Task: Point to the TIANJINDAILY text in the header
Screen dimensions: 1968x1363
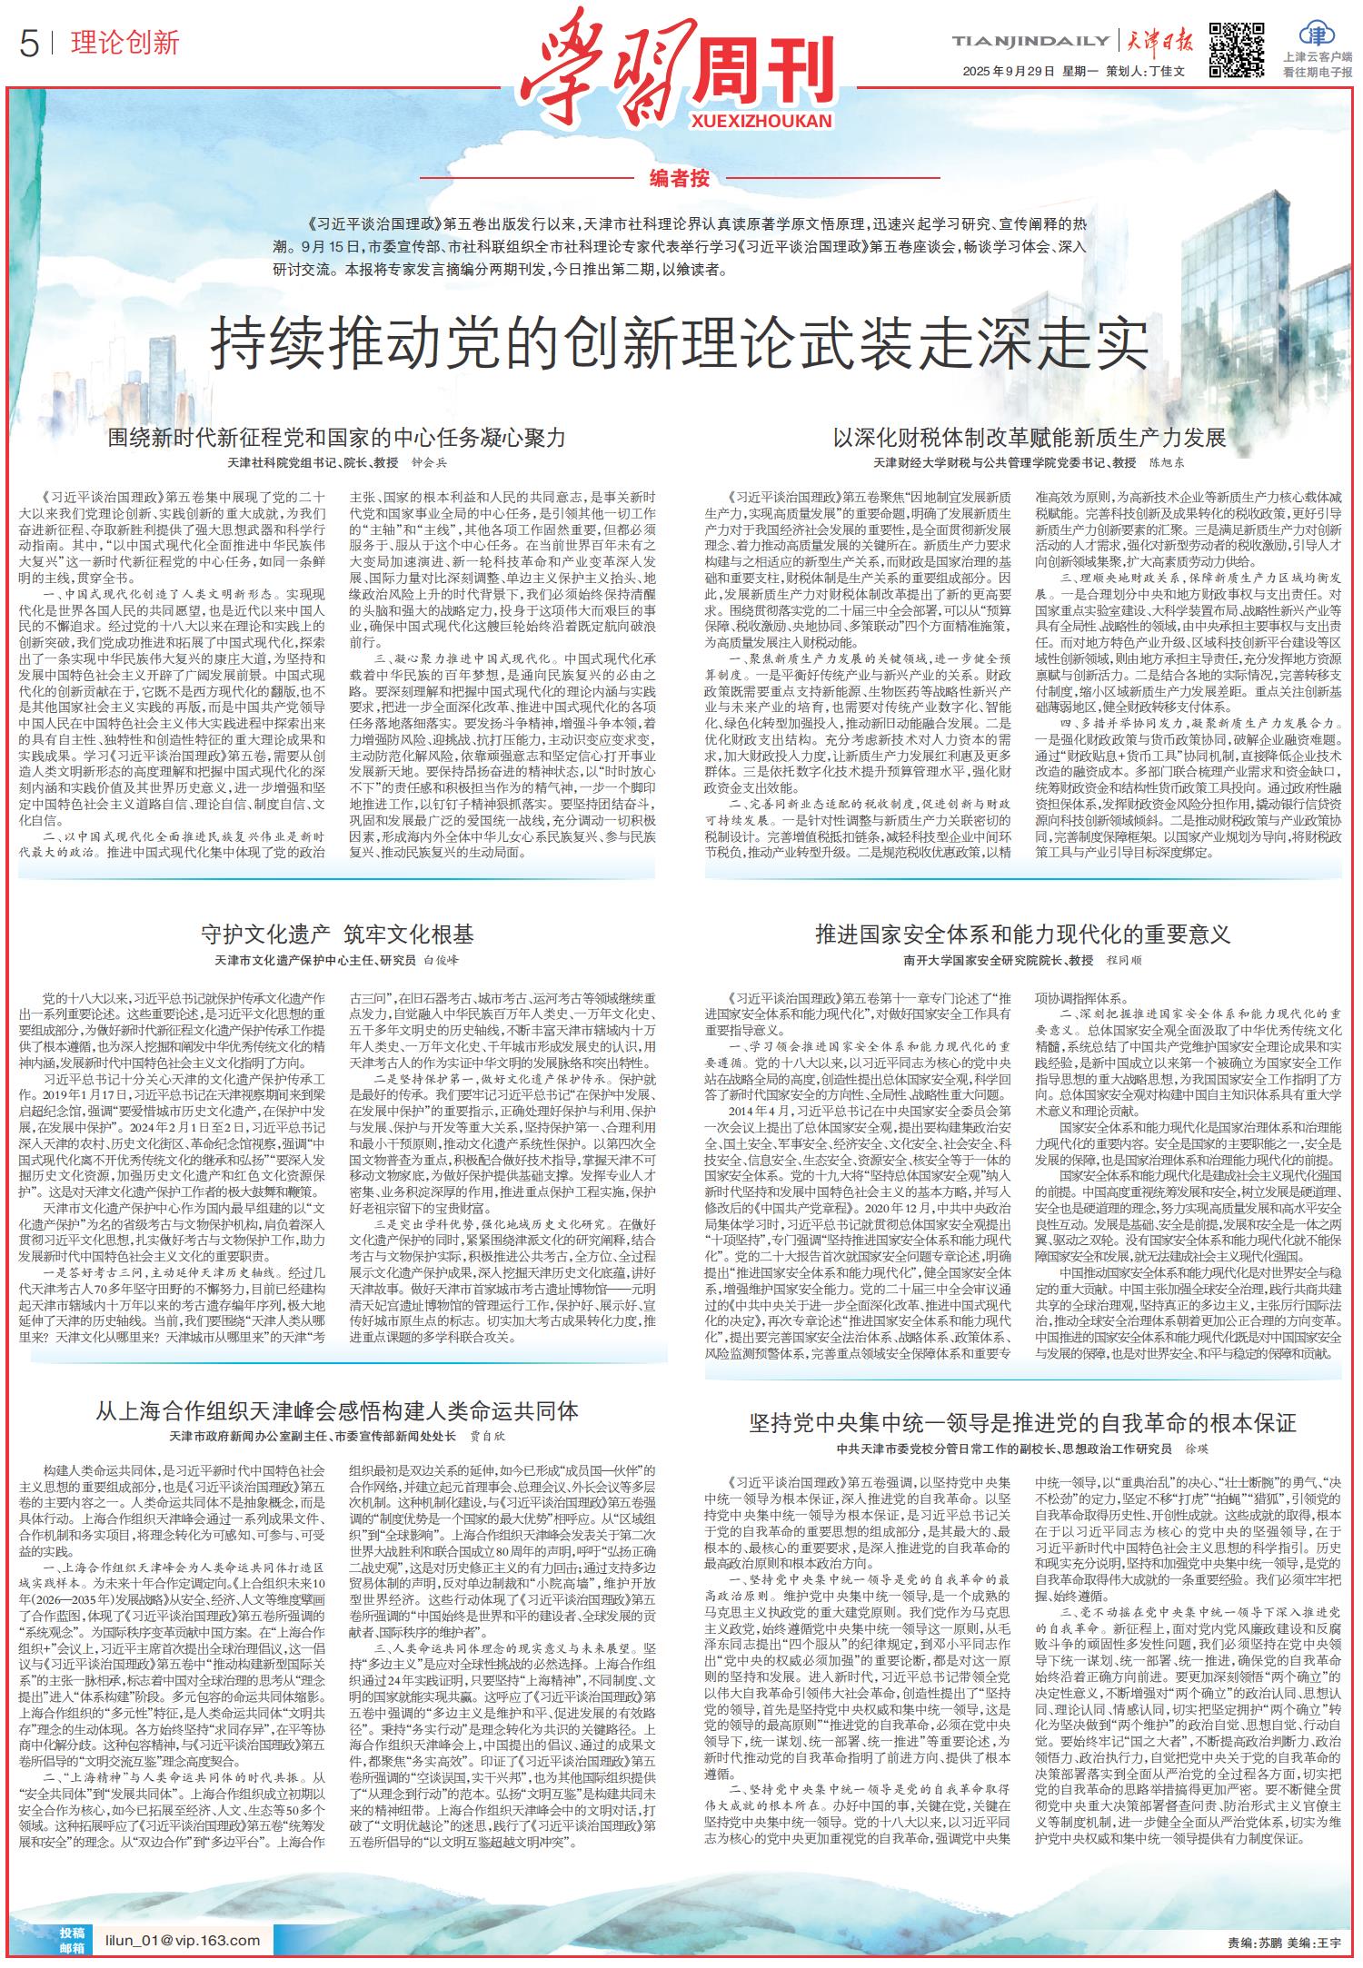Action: click(x=1030, y=41)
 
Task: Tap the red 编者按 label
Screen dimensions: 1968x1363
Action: click(x=681, y=178)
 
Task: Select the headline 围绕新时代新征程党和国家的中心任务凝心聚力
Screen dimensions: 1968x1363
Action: click(x=336, y=438)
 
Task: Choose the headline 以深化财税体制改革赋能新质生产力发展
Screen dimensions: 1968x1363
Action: click(x=1030, y=438)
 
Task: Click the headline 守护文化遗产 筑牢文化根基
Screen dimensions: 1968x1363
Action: click(x=336, y=935)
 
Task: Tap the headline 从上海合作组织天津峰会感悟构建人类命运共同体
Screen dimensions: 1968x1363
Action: click(x=337, y=1410)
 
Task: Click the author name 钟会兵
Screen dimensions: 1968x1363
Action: click(x=429, y=463)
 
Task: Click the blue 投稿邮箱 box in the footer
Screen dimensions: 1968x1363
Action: click(x=71, y=1941)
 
